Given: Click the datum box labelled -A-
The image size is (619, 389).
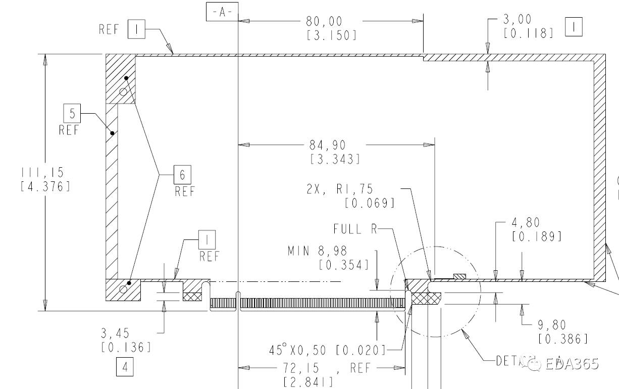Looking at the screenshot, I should (x=222, y=12).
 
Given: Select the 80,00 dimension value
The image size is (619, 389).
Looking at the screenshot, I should (x=324, y=21).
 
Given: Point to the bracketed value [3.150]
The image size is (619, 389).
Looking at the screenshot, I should (x=331, y=35).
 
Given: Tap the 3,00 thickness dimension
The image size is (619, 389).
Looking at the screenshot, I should (x=518, y=20).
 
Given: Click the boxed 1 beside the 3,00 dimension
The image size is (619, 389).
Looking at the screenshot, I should (x=574, y=27).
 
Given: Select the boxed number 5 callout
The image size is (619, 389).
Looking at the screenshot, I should (x=72, y=114).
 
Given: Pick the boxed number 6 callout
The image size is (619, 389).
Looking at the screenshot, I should (x=182, y=175).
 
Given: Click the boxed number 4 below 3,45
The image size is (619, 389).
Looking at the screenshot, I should (x=125, y=367).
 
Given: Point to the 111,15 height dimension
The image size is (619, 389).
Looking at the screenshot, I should (x=43, y=173).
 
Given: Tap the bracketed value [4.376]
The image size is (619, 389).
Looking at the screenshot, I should (x=45, y=186).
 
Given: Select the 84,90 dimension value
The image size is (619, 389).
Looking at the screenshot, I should (x=328, y=145).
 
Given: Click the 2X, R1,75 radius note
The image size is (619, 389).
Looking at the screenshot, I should (x=339, y=189).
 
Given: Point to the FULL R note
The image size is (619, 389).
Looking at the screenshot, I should (x=355, y=229).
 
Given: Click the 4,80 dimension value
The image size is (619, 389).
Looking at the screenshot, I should (x=526, y=222).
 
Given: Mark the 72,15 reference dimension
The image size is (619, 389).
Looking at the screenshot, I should (x=306, y=368).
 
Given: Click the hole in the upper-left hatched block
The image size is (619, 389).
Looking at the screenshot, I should (x=123, y=91).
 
